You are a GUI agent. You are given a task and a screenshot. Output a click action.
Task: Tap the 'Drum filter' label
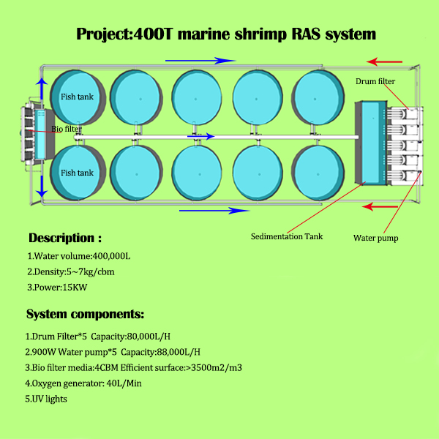click(375, 80)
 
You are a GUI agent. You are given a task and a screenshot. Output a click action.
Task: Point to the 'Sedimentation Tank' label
click(287, 236)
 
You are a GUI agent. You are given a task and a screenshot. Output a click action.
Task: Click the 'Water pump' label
click(375, 237)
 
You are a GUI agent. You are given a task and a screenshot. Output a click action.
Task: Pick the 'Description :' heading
click(64, 238)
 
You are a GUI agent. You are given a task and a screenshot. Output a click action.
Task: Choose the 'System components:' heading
click(85, 315)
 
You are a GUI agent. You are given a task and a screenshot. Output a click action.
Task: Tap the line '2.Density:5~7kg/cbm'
click(70, 271)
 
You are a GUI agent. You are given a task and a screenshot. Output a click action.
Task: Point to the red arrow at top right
click(385, 61)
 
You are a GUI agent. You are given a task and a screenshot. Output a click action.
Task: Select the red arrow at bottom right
click(383, 207)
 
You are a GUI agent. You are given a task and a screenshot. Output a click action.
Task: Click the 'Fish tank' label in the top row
click(78, 96)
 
